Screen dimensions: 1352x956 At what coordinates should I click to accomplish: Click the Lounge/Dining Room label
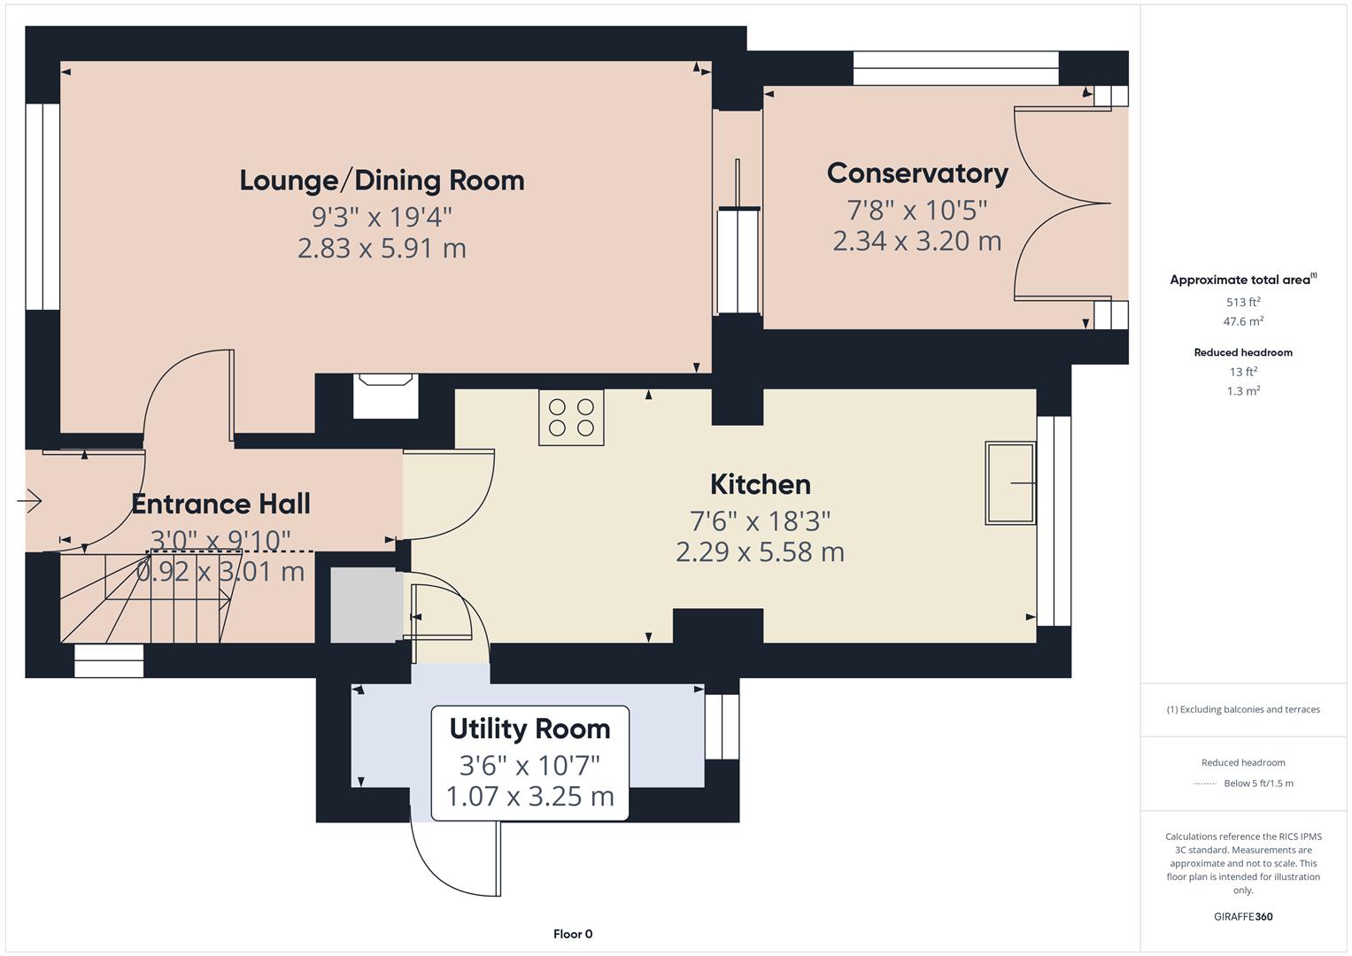pos(382,181)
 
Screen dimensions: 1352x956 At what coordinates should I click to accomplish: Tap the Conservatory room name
pos(917,173)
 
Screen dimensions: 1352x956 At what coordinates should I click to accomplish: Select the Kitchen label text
pos(761,485)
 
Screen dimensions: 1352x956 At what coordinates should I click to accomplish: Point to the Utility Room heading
pos(530,729)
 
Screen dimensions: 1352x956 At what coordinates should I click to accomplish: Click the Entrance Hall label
pos(221,504)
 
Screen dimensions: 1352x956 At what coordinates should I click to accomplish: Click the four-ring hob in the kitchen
pos(571,418)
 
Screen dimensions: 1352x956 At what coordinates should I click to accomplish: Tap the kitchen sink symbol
pos(1010,482)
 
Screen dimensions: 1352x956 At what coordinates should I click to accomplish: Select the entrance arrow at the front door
pos(29,500)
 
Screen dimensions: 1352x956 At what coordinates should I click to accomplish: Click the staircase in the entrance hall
pos(146,597)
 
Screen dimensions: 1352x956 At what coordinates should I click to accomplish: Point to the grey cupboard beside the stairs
pos(367,605)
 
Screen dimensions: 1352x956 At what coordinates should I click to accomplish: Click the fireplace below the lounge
pos(386,396)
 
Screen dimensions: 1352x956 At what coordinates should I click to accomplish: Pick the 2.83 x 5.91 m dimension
pos(382,249)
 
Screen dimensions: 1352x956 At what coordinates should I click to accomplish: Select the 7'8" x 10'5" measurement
pos(917,210)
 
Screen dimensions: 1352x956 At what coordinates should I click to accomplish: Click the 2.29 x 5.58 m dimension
pos(761,552)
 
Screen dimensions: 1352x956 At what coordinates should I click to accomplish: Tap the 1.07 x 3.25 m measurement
pos(530,797)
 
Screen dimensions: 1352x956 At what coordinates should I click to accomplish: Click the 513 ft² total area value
pos(1243,302)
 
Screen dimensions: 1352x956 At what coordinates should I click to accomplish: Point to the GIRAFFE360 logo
pos(1243,916)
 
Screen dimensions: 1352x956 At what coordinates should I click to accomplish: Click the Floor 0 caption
pos(573,934)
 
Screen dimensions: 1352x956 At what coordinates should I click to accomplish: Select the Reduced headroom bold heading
pos(1243,352)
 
